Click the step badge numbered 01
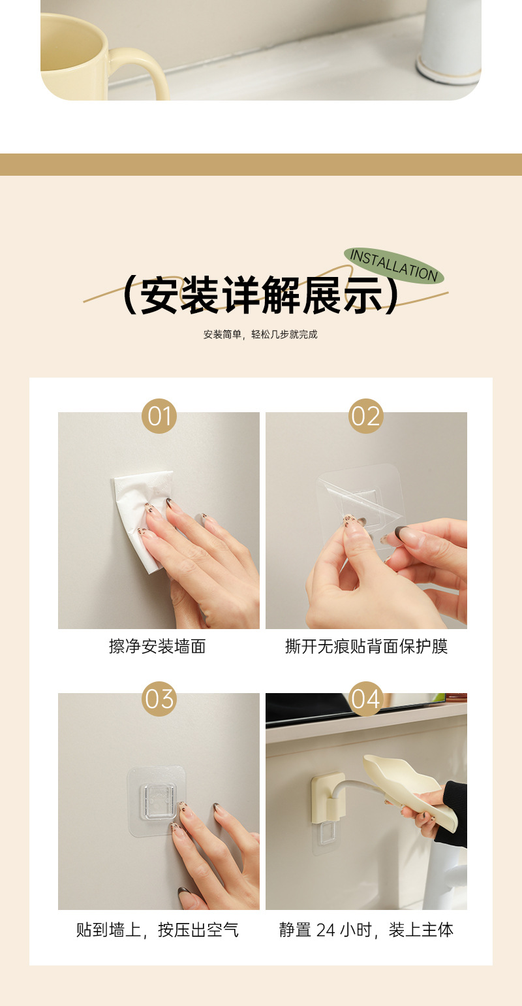tap(159, 416)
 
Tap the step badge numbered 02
tap(366, 416)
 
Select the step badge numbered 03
tap(159, 699)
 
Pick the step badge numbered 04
tap(366, 699)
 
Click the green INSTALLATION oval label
tap(393, 265)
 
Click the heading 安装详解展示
tap(260, 295)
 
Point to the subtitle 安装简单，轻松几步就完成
tap(260, 334)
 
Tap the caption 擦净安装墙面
tap(157, 647)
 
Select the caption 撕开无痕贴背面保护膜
tap(367, 647)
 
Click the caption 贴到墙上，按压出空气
tap(157, 930)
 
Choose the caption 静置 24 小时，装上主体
tap(367, 930)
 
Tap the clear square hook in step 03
tap(157, 802)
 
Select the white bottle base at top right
tap(448, 70)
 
